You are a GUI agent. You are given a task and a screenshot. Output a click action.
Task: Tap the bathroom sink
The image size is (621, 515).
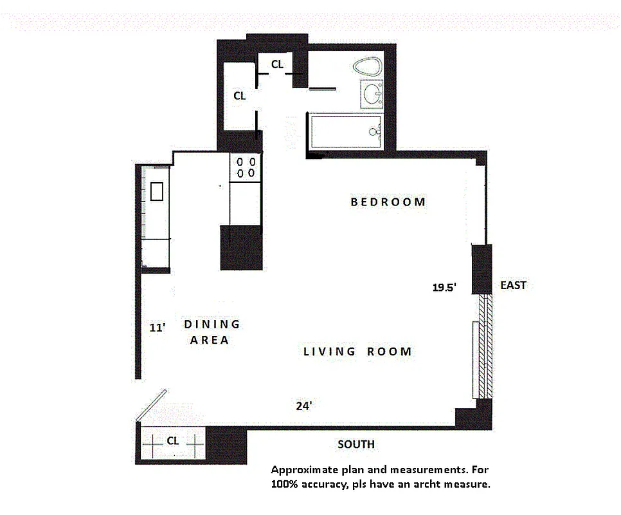[372, 96]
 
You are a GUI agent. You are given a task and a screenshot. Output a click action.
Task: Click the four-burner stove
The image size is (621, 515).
[246, 167]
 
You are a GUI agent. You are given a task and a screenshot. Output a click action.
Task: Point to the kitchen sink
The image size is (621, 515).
[156, 191]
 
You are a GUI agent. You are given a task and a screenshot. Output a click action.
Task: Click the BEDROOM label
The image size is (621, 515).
[388, 201]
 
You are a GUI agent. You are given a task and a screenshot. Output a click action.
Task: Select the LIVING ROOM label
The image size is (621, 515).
[357, 351]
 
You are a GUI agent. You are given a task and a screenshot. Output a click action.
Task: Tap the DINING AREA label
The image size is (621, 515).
[210, 332]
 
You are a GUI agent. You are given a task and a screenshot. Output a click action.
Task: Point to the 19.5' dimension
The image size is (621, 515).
[444, 288]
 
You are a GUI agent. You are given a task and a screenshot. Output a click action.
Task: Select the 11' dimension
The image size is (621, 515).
[157, 328]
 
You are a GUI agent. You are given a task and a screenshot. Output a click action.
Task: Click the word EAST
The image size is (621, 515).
[512, 285]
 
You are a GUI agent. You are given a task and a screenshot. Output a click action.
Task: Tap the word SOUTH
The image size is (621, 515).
[355, 445]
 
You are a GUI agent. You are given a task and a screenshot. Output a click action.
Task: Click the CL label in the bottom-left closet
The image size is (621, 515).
[172, 441]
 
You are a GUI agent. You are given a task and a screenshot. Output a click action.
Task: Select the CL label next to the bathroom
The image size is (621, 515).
[277, 64]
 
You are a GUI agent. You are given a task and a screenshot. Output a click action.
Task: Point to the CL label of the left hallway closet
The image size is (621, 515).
[239, 96]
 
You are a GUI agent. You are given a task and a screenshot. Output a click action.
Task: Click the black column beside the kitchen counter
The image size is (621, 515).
[241, 248]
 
